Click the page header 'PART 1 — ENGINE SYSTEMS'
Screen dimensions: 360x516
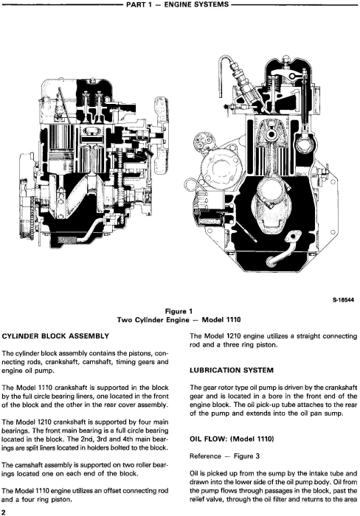(x=177, y=4)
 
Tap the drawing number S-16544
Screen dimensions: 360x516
(x=344, y=300)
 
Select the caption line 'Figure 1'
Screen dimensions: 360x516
(x=179, y=311)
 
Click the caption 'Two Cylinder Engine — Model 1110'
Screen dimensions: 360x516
(x=179, y=319)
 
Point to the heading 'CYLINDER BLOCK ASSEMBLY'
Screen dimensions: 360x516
(x=55, y=336)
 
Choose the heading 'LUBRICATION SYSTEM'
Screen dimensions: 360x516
(x=232, y=370)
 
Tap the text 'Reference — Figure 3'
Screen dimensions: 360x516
(x=224, y=456)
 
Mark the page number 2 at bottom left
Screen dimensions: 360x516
(x=4, y=512)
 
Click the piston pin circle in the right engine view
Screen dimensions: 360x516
(x=272, y=134)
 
